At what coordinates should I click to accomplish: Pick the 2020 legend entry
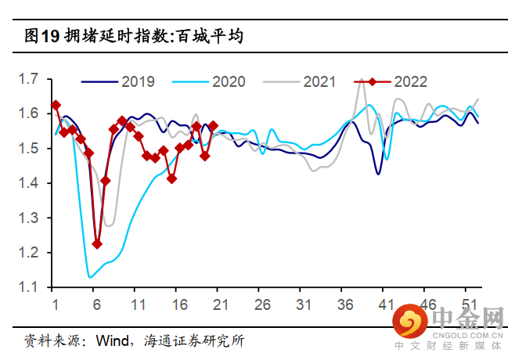click(x=228, y=81)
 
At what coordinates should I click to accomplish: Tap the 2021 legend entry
click(x=319, y=81)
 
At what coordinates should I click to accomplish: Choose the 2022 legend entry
click(x=410, y=81)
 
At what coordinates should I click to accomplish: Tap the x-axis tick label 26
click(x=262, y=304)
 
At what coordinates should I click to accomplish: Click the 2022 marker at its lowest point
click(x=97, y=244)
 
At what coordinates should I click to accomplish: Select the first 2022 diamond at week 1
click(x=56, y=105)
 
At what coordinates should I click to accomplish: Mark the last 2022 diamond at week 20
click(x=213, y=125)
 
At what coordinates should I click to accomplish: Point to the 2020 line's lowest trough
click(x=91, y=276)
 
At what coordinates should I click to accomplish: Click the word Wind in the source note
click(x=114, y=340)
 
